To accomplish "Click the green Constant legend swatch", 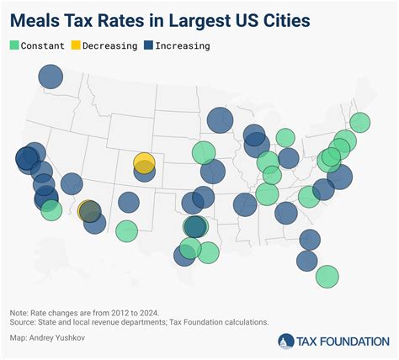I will click(15, 45).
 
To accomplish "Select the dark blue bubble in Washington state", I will click(51, 78).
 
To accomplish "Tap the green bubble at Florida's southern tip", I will click(327, 276).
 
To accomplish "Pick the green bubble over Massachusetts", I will click(359, 123).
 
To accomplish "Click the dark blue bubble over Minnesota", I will click(220, 120).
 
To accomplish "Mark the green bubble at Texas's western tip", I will click(126, 230).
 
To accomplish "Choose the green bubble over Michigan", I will click(285, 138).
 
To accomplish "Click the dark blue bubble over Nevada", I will click(72, 183).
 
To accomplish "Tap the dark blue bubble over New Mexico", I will click(129, 202).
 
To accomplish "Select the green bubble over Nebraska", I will click(203, 152).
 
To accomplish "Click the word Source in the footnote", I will click(26, 322).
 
